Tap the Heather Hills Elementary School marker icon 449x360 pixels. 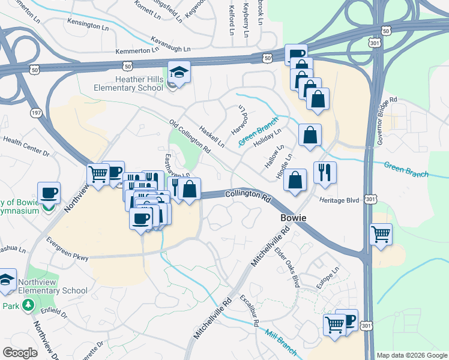point(179,72)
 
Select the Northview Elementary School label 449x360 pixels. point(53,286)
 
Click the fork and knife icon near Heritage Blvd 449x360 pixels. point(325,172)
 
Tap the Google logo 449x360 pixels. point(20,353)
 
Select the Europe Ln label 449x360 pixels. point(328,278)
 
